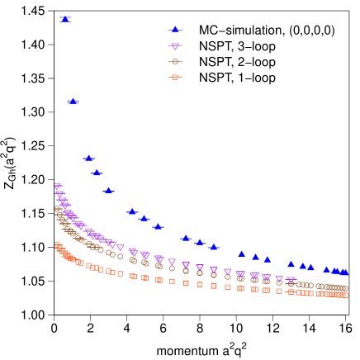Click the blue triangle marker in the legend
[x=175, y=30]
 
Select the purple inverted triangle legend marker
[x=174, y=46]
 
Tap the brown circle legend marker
[x=174, y=61]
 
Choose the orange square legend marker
[x=174, y=77]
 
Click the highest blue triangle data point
[x=64, y=19]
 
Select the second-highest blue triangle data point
[x=73, y=101]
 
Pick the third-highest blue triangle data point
[x=88, y=158]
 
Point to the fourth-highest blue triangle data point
[x=97, y=173]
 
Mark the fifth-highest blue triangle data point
[x=108, y=190]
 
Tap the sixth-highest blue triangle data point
[x=132, y=211]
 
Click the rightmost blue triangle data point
[x=344, y=272]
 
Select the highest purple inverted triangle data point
[x=58, y=187]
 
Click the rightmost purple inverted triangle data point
[x=291, y=281]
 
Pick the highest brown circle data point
[x=58, y=209]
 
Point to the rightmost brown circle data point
[x=344, y=289]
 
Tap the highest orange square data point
[x=57, y=244]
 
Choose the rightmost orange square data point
[x=344, y=295]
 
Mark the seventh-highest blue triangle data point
[x=144, y=218]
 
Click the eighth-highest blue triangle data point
[x=158, y=225]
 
